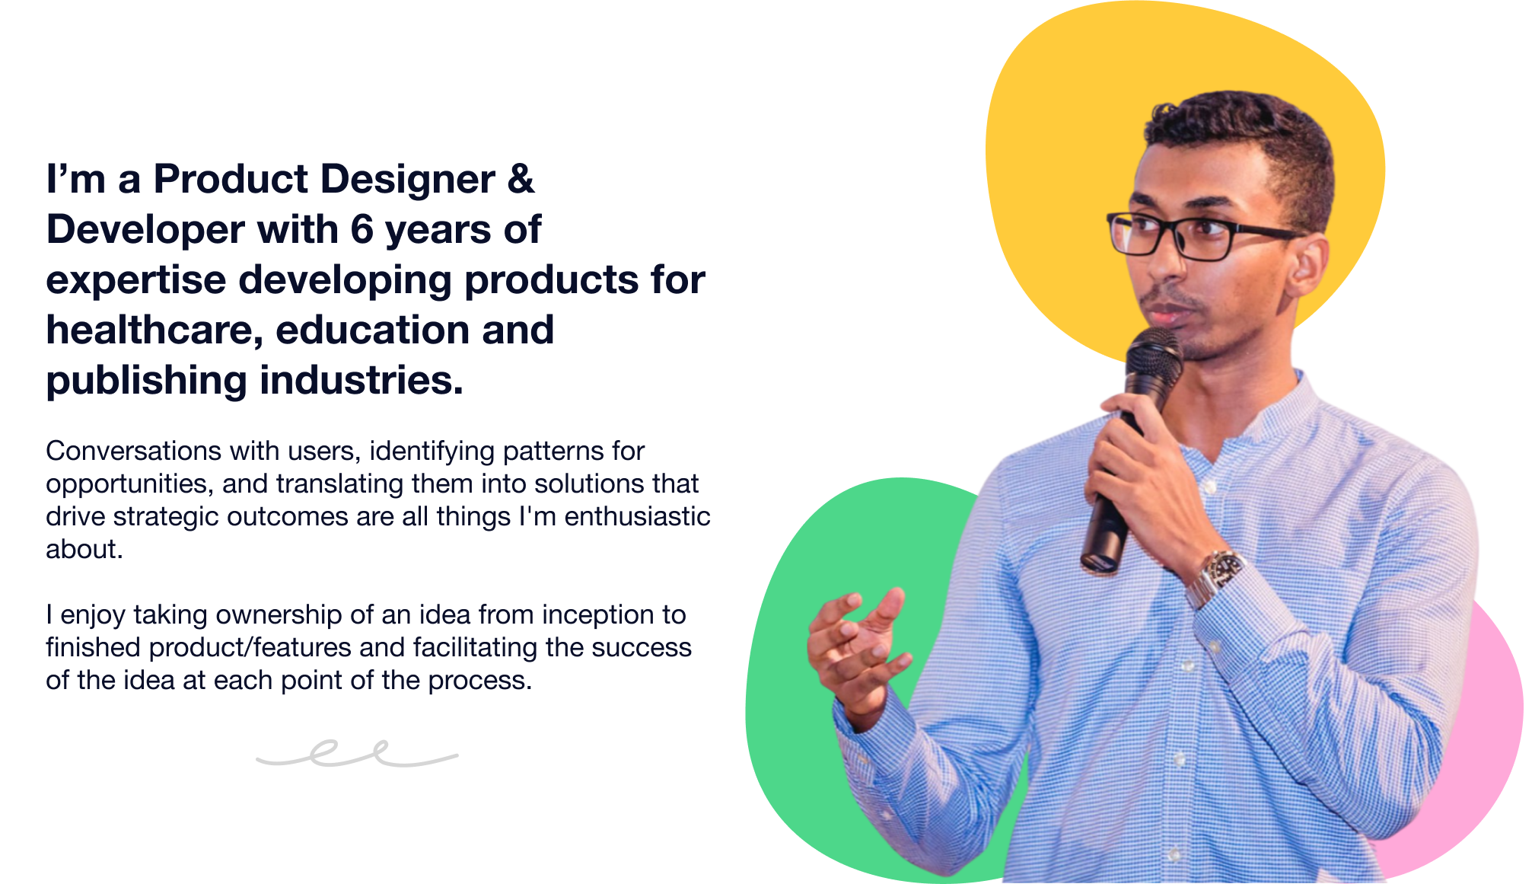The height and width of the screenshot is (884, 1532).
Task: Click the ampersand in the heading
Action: pos(521,179)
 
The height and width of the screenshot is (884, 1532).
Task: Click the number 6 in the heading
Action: pos(362,229)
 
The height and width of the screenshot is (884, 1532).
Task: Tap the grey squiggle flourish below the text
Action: pos(356,754)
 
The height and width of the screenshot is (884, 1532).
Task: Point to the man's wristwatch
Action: pos(1216,577)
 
